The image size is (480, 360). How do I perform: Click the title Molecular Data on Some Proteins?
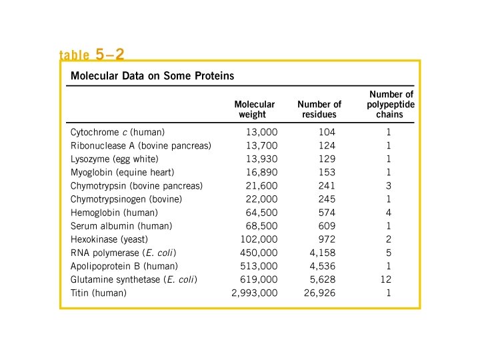click(152, 76)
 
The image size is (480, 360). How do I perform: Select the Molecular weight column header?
click(255, 109)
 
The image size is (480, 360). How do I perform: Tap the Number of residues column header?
click(319, 109)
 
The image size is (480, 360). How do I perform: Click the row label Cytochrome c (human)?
click(117, 132)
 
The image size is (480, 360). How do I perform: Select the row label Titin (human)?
click(98, 293)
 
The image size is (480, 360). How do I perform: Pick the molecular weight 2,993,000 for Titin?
click(254, 293)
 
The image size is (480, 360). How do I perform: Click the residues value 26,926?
click(320, 293)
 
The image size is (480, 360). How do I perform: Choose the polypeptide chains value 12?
click(386, 279)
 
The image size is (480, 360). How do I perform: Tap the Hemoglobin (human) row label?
click(114, 213)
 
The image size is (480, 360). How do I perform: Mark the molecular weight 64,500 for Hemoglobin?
click(261, 213)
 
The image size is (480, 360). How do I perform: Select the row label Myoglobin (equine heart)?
click(123, 172)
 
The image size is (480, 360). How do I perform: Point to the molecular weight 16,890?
click(261, 172)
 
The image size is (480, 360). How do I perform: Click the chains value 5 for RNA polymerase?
click(388, 253)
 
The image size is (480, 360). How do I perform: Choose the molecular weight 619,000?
click(259, 279)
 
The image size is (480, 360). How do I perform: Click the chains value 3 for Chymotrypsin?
click(388, 185)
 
